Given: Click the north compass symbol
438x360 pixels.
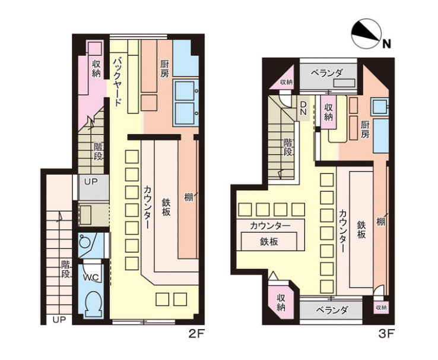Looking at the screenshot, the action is coord(367,34).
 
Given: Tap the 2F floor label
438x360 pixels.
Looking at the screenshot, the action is coord(196,334).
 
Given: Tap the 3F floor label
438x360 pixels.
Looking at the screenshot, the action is coord(386,334).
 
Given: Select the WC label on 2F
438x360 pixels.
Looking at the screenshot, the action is coord(91,277).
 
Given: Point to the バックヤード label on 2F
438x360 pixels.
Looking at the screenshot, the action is coord(118,81).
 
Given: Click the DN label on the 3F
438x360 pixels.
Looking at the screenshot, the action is coord(303,108).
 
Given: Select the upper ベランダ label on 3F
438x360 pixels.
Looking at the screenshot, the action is coord(326,73).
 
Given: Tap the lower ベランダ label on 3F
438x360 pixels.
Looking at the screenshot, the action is coord(332,310).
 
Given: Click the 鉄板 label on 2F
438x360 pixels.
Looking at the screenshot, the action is coord(166,207).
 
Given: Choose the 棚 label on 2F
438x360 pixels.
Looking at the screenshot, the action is coord(189,197).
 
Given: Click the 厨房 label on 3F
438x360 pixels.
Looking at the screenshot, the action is coord(365,129).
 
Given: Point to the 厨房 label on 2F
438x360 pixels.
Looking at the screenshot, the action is coord(164,69).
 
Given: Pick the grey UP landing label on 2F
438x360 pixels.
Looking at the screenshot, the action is coord(91,182).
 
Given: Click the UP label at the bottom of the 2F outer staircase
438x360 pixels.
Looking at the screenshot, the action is coord(59,320).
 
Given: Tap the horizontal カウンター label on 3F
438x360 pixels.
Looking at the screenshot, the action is coord(270,226).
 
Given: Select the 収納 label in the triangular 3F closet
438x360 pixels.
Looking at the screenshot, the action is coord(286,82).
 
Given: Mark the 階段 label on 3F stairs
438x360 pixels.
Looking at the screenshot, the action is coord(288,147).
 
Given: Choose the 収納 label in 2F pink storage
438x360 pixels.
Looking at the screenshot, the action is coord(96,69).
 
